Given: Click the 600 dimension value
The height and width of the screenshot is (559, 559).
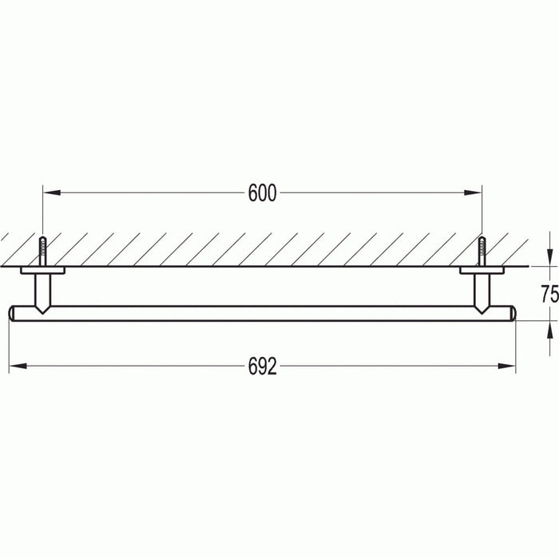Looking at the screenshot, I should [262, 193].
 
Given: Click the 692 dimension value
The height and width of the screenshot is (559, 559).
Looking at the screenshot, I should [262, 367].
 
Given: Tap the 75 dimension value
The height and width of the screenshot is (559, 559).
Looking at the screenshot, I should [549, 294].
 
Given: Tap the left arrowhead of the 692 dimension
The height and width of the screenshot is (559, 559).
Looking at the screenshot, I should [16, 367].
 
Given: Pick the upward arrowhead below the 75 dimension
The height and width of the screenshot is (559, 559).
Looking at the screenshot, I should [549, 328].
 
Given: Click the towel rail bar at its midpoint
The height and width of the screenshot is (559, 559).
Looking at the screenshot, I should [262, 312].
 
